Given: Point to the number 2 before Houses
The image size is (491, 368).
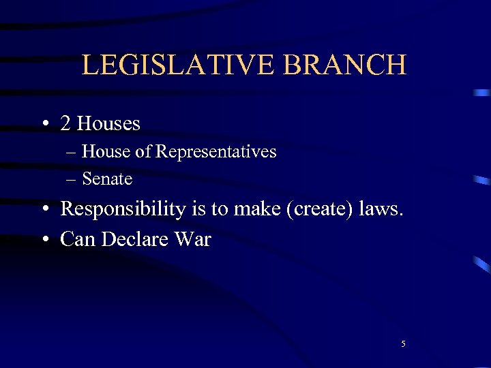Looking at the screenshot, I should coord(65,123).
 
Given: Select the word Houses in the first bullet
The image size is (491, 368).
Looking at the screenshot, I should coord(108,123).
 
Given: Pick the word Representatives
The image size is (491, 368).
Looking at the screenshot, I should coord(215,151).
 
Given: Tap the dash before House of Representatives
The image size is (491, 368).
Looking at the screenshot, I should coord(71,152).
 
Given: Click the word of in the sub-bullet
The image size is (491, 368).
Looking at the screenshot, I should coord(143,151).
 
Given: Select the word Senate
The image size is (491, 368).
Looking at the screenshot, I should coord(107,179).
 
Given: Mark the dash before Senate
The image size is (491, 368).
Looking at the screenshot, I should coord(71,180).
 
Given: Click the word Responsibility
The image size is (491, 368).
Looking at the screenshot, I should coord(123,209).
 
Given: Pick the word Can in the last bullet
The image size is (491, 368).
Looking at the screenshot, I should coord(76,239).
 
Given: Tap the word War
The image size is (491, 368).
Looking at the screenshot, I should coord(194,239).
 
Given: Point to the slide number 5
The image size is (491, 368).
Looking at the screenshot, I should coord(403,344).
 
